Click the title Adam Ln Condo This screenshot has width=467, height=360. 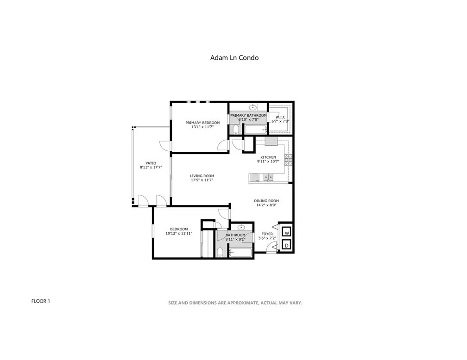point(234,58)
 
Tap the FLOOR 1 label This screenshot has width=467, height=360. point(40,301)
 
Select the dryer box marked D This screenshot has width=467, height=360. point(286,245)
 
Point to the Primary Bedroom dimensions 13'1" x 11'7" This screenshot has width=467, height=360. point(202,127)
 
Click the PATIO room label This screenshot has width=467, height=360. point(151,163)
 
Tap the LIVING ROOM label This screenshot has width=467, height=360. point(202,176)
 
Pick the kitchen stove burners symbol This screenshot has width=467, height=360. point(288,160)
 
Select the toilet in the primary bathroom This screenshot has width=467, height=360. point(235,129)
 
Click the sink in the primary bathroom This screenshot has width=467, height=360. point(253,106)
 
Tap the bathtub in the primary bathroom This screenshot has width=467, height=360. point(256,130)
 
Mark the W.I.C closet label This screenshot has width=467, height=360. point(280,117)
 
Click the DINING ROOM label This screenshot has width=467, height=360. point(266,201)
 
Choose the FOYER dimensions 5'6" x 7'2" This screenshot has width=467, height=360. point(267,238)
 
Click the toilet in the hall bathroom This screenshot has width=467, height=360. point(220,252)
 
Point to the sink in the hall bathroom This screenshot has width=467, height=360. point(241,228)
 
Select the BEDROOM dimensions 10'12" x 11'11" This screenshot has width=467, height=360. point(179,233)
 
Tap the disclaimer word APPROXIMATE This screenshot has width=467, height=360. point(242,303)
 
